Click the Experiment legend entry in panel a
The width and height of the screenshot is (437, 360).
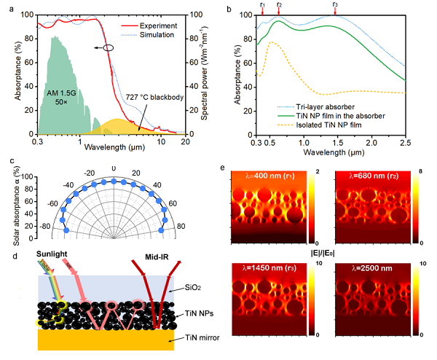point(168,25)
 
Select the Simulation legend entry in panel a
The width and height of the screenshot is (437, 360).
point(168,34)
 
